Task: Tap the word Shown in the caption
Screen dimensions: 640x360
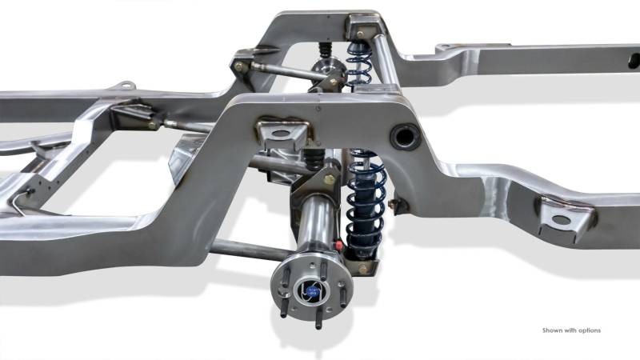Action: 552,330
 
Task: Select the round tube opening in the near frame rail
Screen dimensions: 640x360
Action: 405,136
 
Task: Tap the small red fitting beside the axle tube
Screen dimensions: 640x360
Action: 338,244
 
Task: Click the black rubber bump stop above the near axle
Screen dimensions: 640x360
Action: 314,159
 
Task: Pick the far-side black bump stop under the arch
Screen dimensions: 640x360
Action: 325,50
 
